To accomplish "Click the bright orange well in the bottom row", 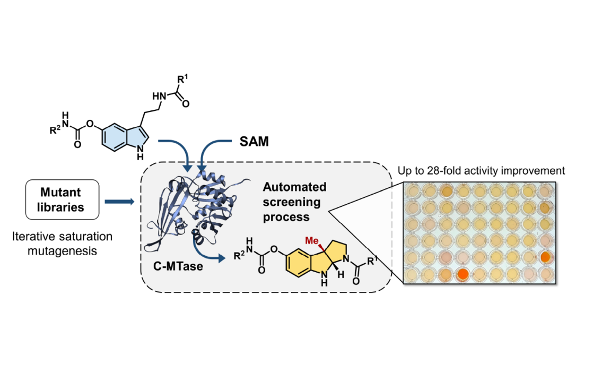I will click(x=462, y=274).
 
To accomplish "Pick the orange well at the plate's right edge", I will click(x=545, y=257).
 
